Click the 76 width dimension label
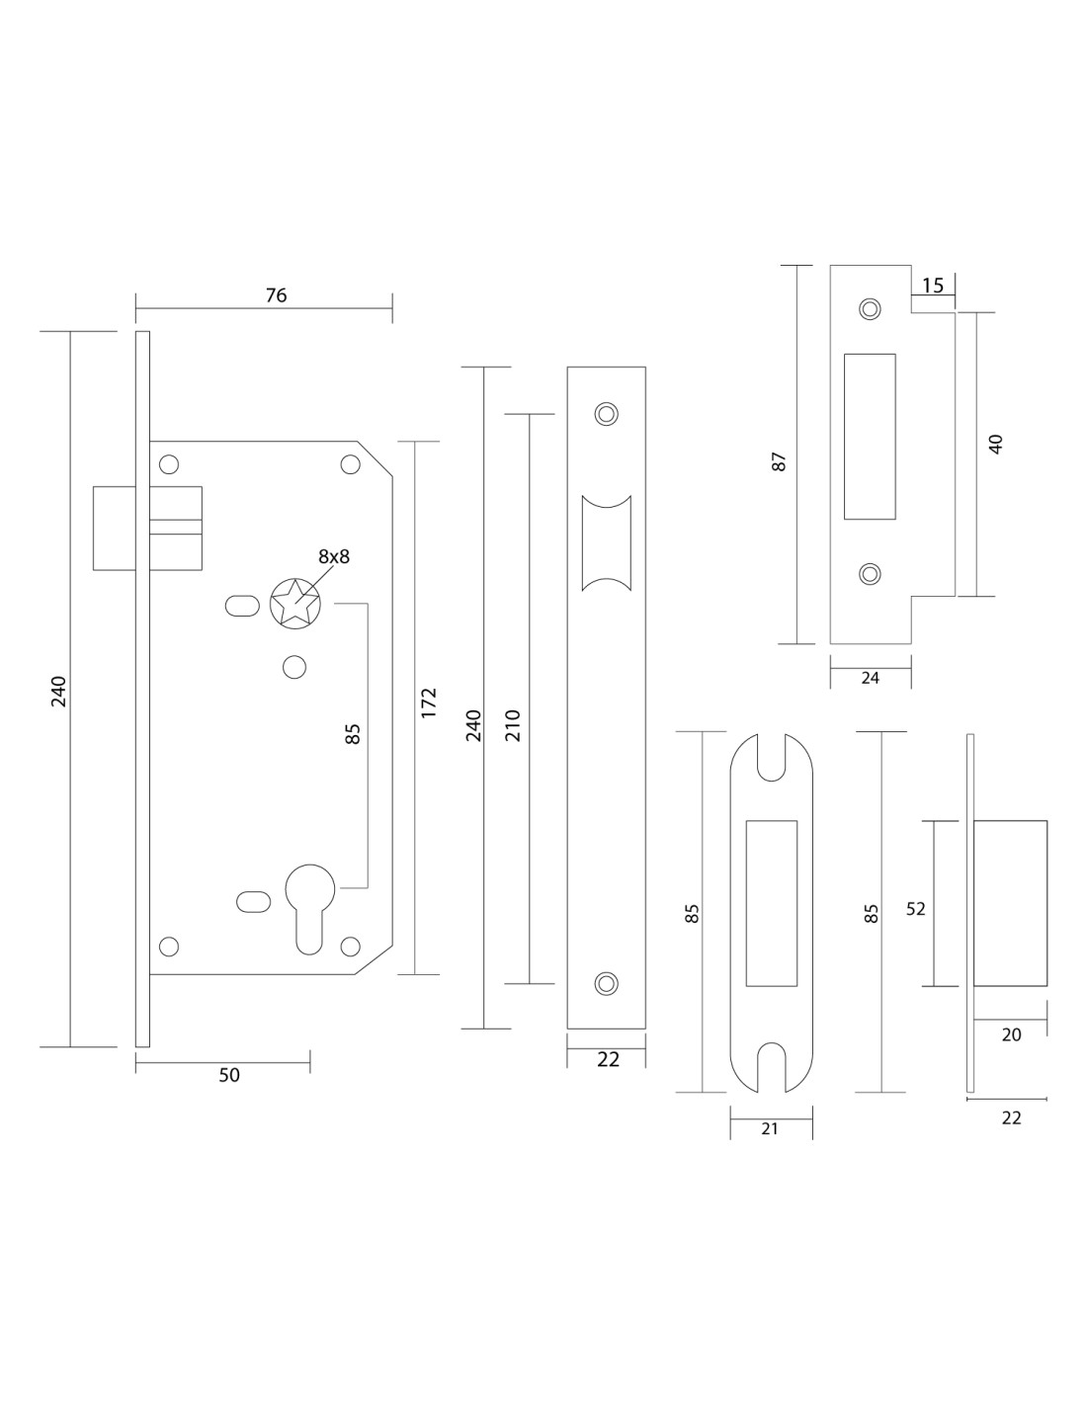[x=276, y=295]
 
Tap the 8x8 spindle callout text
[x=334, y=556]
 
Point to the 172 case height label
[x=429, y=702]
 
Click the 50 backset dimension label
[x=229, y=1075]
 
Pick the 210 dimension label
[x=512, y=726]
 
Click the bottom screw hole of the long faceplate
[x=606, y=982]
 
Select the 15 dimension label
[x=933, y=286]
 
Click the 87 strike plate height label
[x=779, y=461]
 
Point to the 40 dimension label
[x=996, y=444]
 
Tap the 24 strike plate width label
[x=871, y=678]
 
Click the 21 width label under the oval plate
[x=771, y=1128]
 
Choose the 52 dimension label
[x=916, y=908]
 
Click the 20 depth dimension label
[x=1011, y=1034]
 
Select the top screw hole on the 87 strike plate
[x=870, y=308]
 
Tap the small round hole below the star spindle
[x=293, y=667]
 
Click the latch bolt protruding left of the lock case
[x=114, y=528]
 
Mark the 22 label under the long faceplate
[x=608, y=1060]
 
